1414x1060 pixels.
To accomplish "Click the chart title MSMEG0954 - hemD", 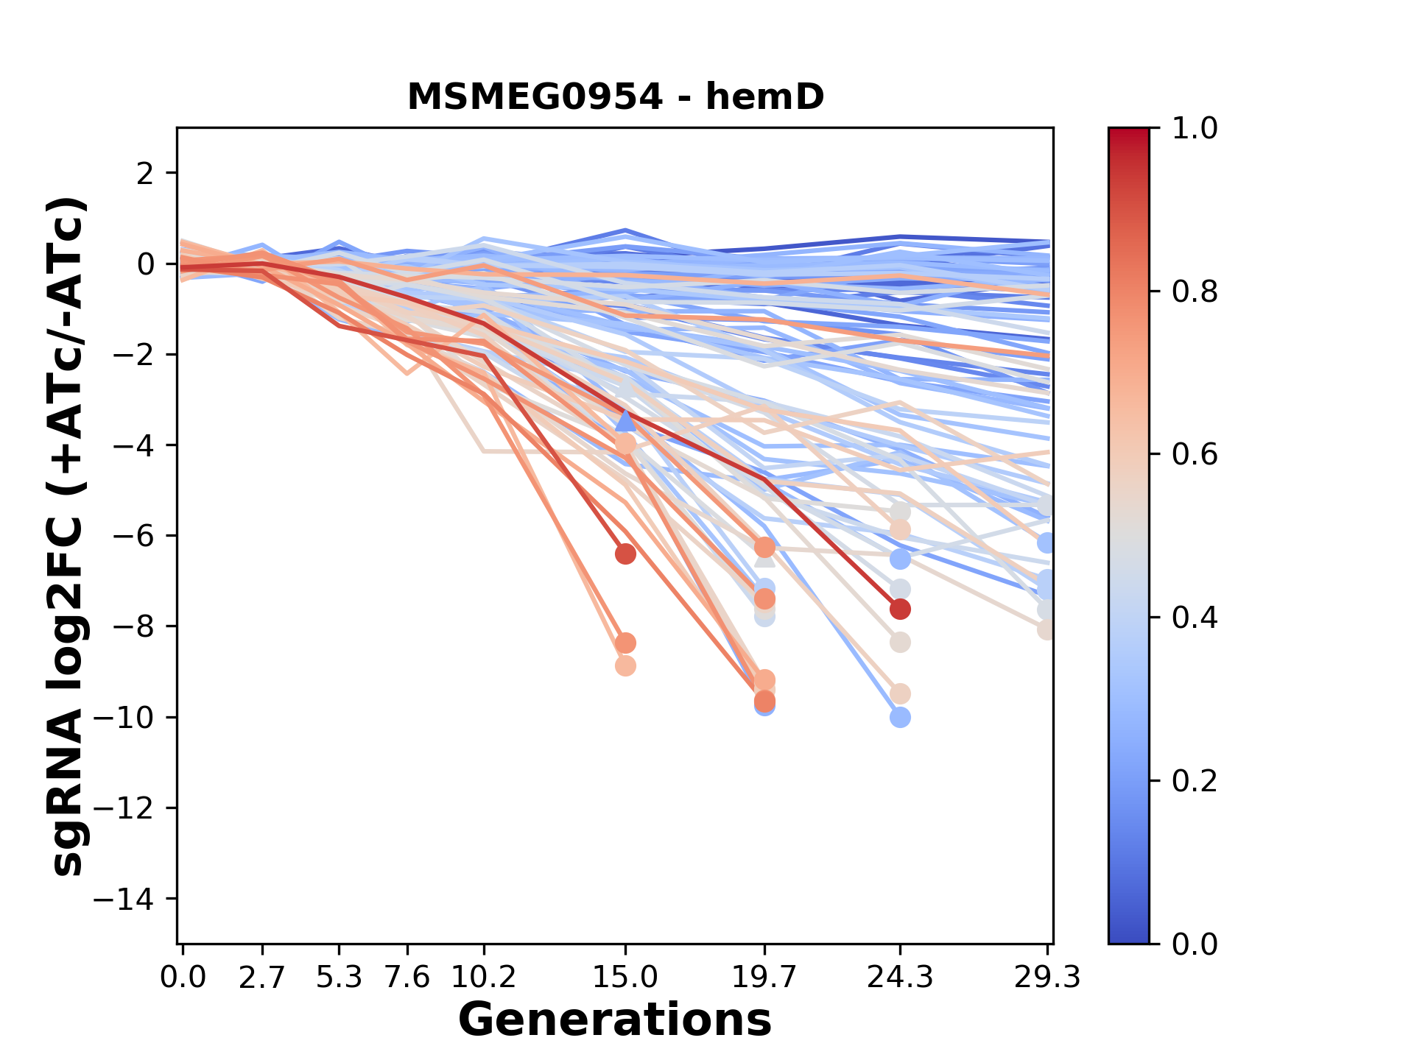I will pos(615,96).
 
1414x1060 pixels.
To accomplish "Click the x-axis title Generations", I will pos(615,1020).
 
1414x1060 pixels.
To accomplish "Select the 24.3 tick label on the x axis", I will pos(899,978).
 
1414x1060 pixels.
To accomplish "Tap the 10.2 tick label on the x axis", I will pos(483,978).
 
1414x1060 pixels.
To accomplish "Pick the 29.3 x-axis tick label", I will pos(1047,978).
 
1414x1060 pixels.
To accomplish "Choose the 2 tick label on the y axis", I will pos(147,174).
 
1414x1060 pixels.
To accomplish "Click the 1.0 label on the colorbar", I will pos(1195,129).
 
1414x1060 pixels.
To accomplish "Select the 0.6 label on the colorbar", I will pos(1195,455).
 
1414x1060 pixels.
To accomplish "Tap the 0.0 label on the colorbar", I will pos(1195,944).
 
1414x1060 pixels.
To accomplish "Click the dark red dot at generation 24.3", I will pos(900,609).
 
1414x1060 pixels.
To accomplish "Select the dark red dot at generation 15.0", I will pos(625,554).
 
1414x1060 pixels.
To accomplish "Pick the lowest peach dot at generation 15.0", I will pos(625,665).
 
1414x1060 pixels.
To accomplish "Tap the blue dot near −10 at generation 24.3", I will pos(900,717).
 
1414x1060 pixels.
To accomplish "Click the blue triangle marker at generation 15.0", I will pos(625,421).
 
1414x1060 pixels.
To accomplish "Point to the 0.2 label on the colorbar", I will pos(1195,781).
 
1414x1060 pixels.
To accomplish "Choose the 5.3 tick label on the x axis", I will pos(339,978).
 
